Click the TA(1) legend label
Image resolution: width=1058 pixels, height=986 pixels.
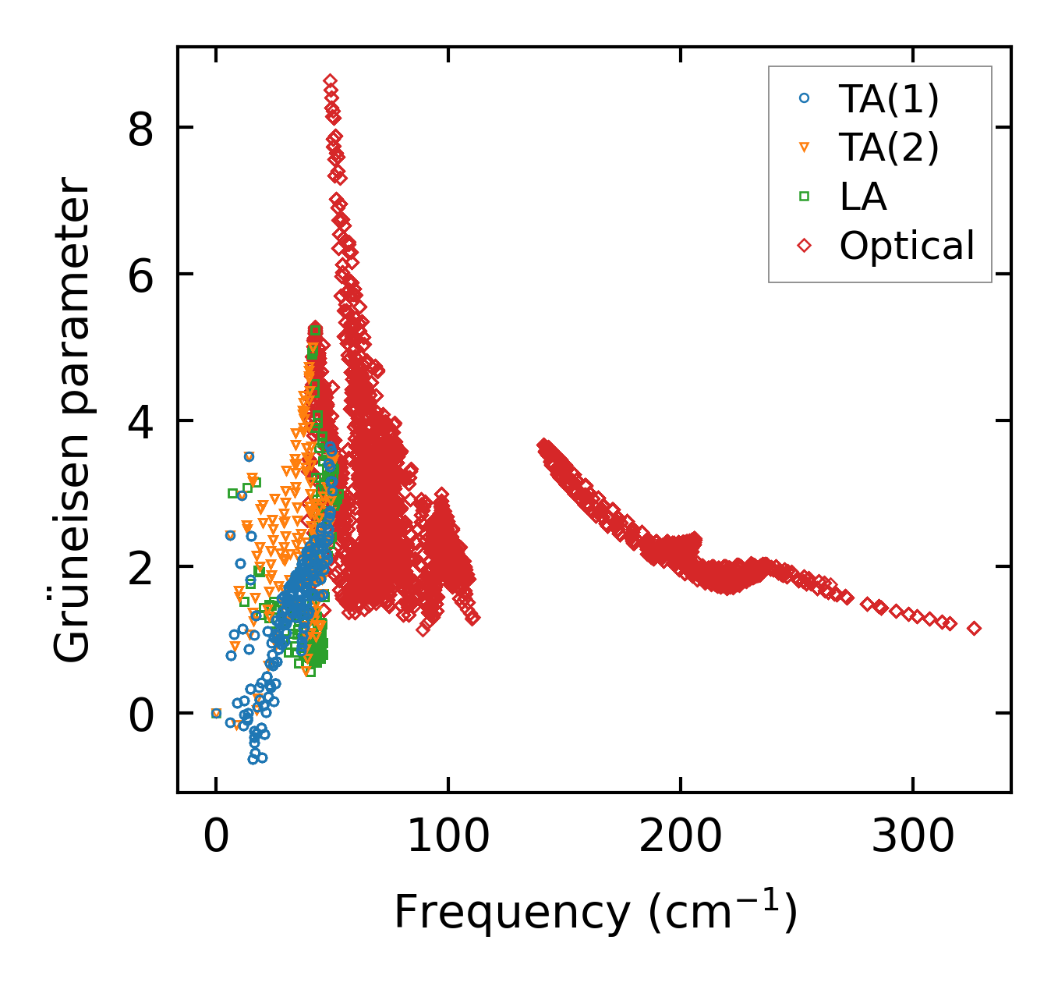click(x=889, y=99)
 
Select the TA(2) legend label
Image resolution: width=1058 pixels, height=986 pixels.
click(x=889, y=147)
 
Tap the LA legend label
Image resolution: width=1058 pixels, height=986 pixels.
click(x=863, y=197)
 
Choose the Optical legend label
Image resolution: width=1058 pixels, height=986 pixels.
click(x=907, y=246)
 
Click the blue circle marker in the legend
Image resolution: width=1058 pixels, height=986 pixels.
click(x=805, y=99)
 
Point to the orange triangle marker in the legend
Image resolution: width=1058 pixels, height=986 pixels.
click(x=805, y=147)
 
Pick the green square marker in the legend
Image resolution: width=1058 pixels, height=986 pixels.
click(x=805, y=197)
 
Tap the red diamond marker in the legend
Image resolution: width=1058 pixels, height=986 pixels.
click(x=805, y=246)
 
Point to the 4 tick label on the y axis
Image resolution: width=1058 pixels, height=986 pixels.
click(x=141, y=421)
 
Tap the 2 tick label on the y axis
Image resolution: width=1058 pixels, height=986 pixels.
click(x=141, y=567)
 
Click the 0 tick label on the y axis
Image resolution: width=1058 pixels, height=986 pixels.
click(x=141, y=714)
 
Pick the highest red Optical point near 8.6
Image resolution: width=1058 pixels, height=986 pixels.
click(x=331, y=81)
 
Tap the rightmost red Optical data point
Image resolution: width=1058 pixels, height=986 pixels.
click(x=974, y=628)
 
